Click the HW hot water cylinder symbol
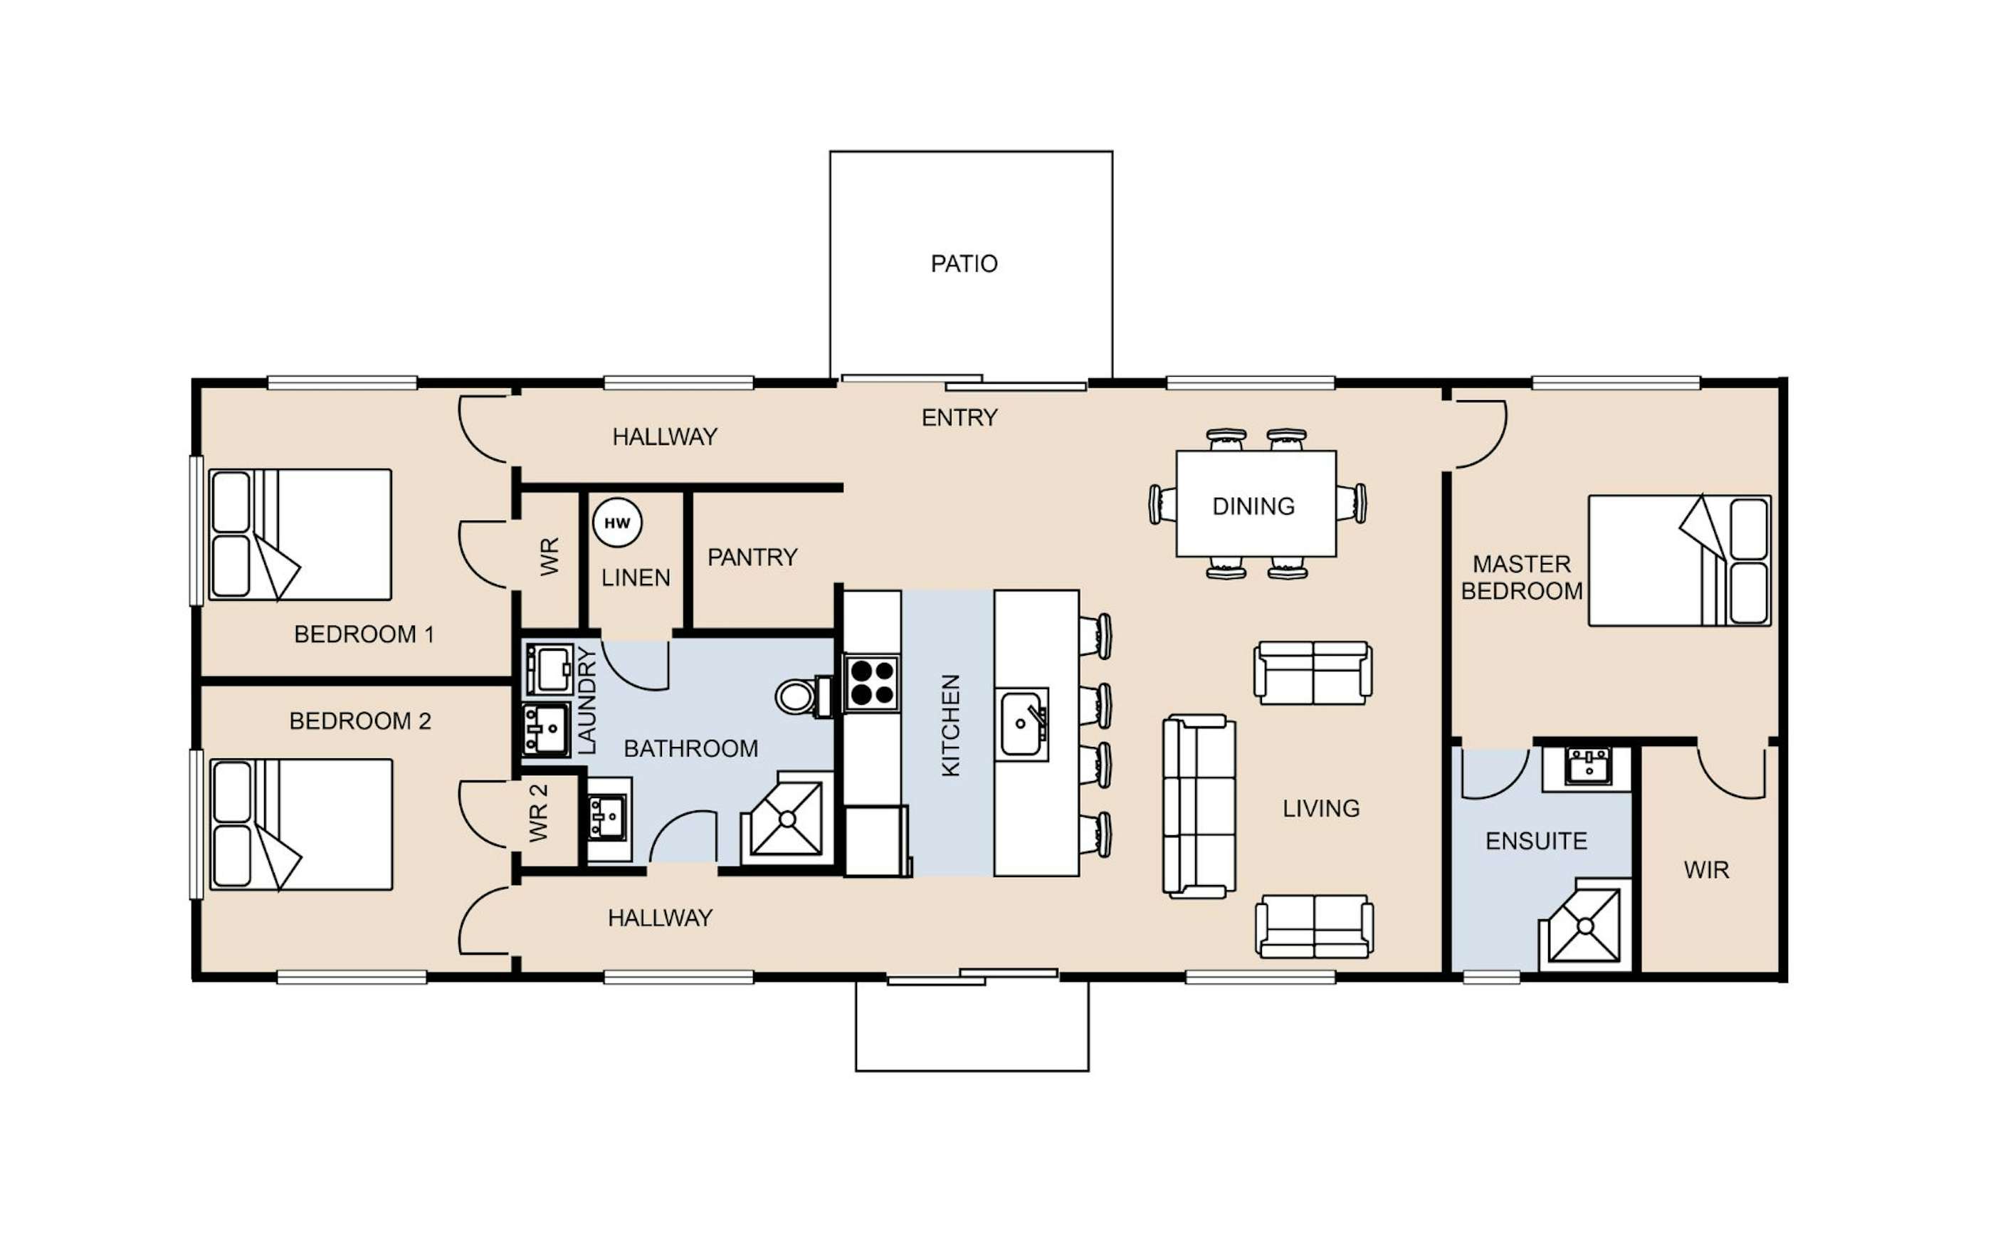point(617,523)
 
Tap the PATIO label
point(964,263)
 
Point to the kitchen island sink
point(1024,723)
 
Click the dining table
point(1256,503)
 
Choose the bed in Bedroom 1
point(300,534)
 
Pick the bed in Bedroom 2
point(300,824)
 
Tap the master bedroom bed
point(1679,560)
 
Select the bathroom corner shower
point(787,817)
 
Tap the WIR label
point(1706,869)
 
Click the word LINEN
point(635,577)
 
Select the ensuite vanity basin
point(1587,766)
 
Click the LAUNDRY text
point(587,701)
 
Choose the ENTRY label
point(959,418)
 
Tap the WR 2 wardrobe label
point(538,812)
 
